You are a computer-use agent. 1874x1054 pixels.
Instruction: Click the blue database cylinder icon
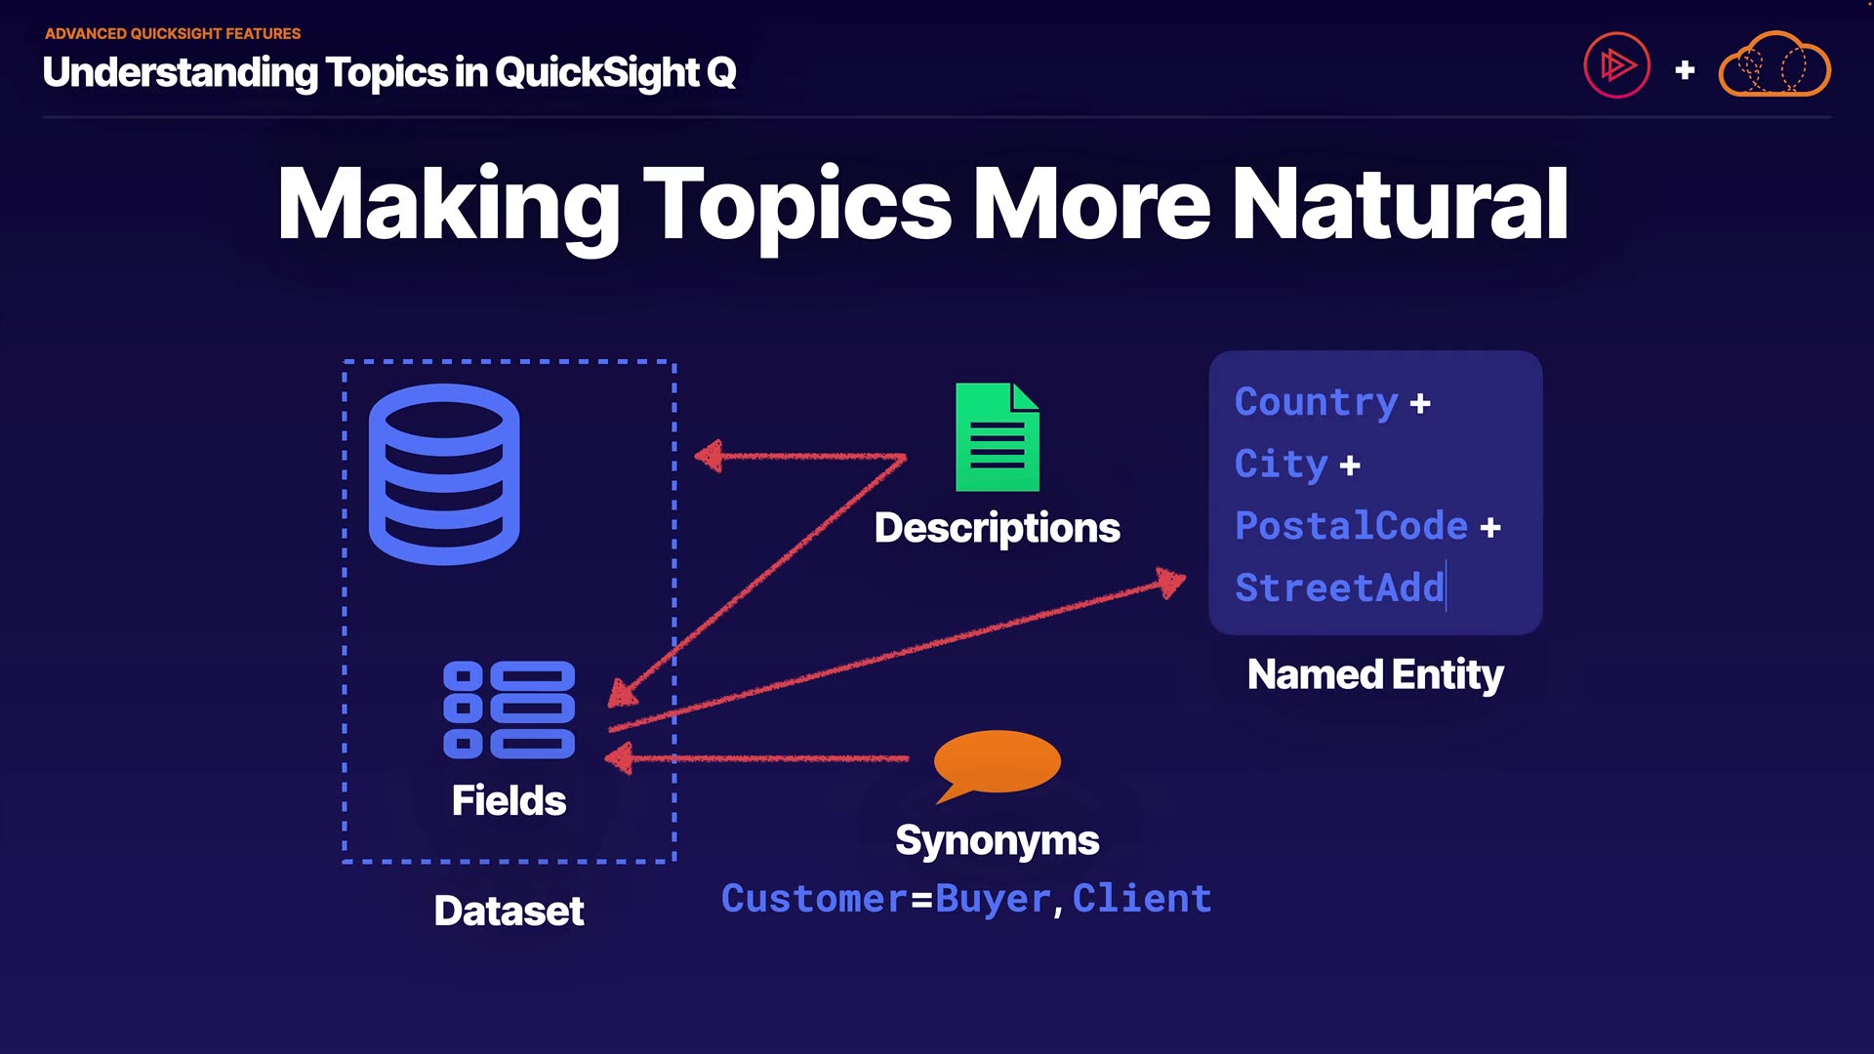[444, 474]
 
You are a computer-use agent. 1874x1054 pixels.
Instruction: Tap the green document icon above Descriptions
[997, 437]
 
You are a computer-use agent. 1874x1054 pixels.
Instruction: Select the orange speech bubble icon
[996, 763]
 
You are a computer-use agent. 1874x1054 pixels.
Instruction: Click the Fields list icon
[509, 709]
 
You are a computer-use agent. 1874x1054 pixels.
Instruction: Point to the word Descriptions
[997, 528]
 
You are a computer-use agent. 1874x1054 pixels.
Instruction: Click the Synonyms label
[997, 840]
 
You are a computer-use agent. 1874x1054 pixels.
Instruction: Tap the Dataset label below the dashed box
[509, 911]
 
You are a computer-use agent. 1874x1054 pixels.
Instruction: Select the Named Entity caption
[1375, 674]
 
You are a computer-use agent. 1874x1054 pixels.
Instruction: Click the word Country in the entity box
[1316, 402]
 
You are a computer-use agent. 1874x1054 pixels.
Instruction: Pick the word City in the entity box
[1281, 464]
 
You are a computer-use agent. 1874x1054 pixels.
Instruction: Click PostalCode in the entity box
[1351, 526]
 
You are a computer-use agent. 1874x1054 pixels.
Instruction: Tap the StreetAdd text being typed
[1339, 588]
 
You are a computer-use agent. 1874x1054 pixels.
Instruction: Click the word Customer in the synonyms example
[814, 898]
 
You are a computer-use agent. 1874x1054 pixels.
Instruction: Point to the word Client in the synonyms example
[1142, 898]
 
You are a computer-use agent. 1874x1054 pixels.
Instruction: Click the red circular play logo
[1616, 65]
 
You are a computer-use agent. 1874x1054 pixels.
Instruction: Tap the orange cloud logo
[1774, 65]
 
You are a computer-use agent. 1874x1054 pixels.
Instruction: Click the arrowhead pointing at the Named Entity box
[1171, 583]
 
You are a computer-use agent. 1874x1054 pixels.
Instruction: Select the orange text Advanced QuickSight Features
[173, 33]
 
